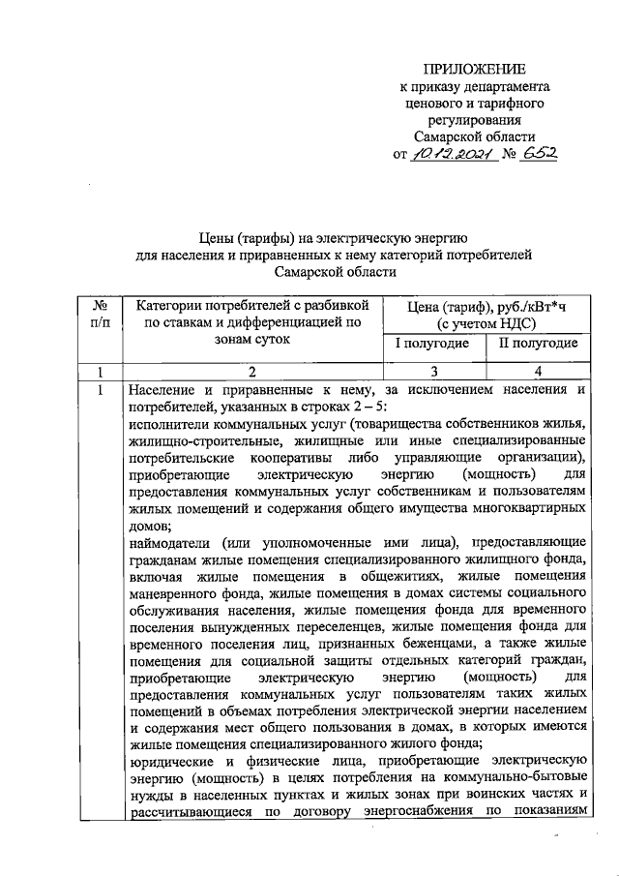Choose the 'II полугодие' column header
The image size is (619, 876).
tap(538, 344)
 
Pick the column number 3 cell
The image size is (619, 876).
tap(433, 371)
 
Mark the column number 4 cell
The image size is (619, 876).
tap(539, 371)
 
